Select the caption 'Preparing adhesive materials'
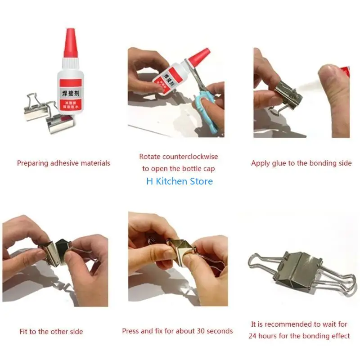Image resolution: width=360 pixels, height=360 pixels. [63, 163]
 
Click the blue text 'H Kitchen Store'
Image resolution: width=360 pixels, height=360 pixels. [180, 181]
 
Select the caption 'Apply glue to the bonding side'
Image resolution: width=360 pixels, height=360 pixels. [301, 163]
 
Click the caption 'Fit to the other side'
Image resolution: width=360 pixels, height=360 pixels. [51, 332]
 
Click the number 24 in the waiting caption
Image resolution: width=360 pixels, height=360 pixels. [254, 336]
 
